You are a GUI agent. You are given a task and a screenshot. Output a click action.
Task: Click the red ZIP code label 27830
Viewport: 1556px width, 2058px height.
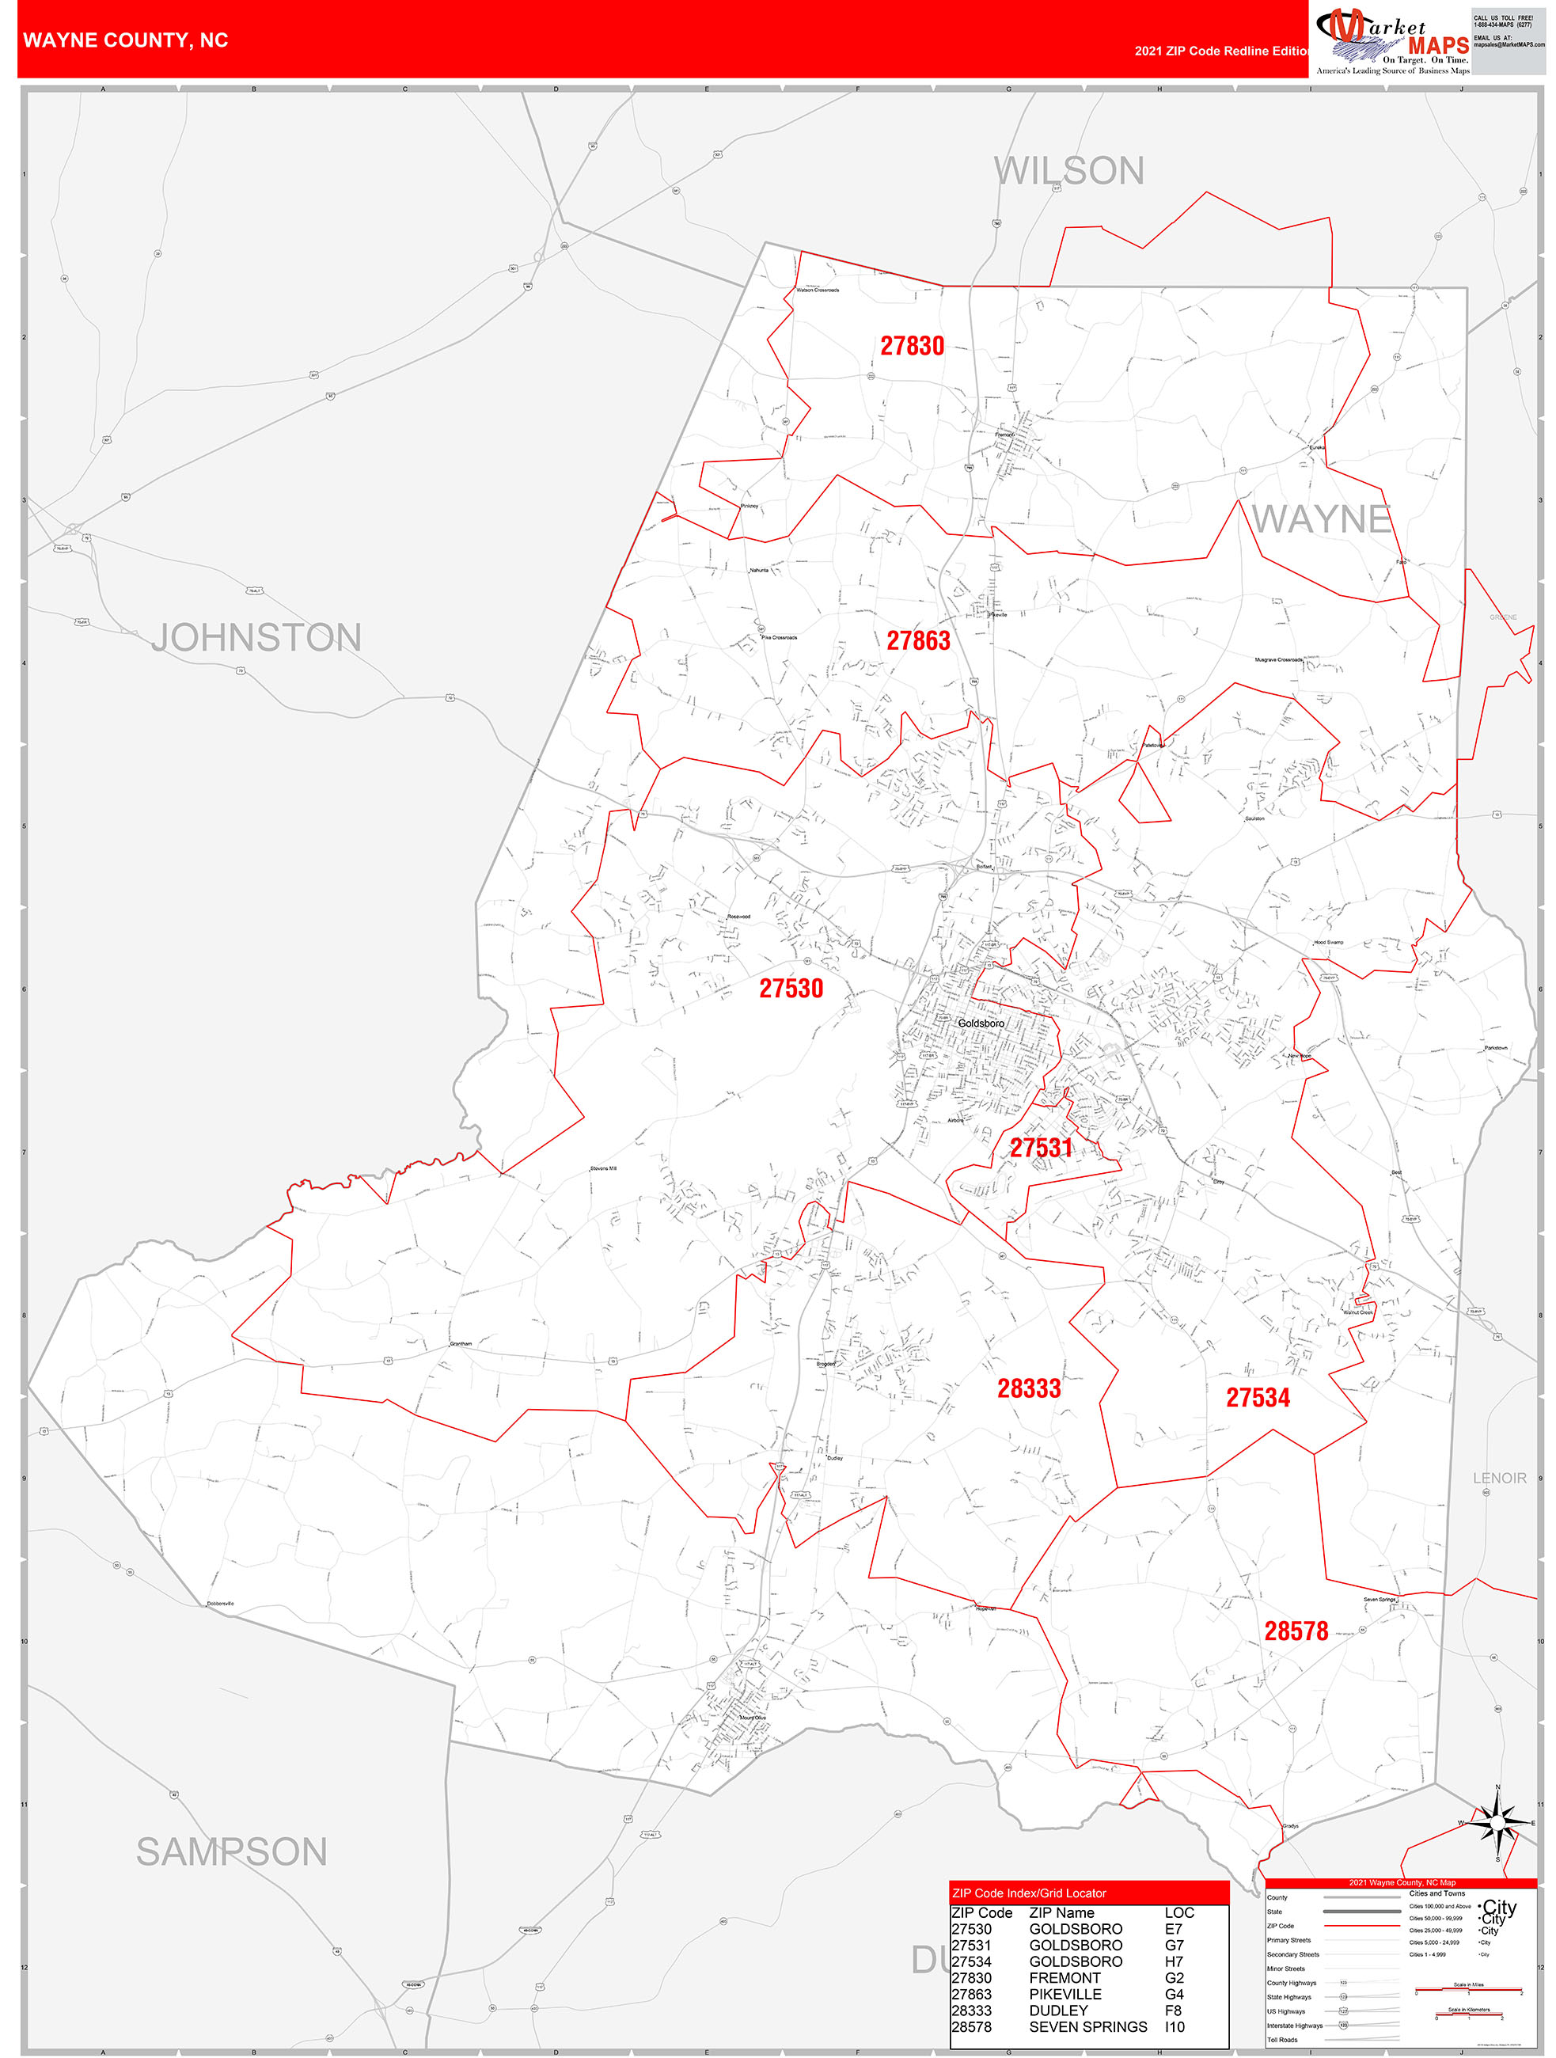(912, 346)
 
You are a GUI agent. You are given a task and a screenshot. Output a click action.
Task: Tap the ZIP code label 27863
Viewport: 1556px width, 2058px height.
(918, 640)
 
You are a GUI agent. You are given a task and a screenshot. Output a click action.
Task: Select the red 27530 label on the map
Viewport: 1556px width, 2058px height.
(791, 988)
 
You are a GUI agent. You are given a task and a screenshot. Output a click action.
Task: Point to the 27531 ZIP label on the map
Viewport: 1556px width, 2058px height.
(1041, 1148)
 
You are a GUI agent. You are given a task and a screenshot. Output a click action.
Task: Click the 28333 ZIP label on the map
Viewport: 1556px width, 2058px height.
(1029, 1388)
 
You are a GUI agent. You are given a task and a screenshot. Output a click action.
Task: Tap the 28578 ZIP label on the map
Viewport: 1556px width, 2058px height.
(1296, 1631)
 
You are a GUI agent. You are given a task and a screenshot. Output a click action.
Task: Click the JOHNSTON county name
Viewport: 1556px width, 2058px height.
(256, 637)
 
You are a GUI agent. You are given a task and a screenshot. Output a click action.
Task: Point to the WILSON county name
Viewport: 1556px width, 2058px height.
(1068, 171)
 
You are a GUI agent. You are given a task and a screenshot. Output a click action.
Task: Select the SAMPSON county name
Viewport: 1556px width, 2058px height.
(232, 1851)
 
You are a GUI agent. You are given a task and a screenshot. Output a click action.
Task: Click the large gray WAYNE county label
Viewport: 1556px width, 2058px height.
(1322, 519)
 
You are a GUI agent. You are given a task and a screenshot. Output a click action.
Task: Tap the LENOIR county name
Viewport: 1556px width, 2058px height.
(1499, 1479)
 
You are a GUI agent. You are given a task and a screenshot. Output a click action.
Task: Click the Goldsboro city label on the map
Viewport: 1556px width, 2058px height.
(981, 1023)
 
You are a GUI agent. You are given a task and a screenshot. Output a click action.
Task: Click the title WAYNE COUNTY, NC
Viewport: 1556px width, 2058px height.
(126, 40)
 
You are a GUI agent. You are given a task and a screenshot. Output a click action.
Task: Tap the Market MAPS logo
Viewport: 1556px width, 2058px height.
(1391, 41)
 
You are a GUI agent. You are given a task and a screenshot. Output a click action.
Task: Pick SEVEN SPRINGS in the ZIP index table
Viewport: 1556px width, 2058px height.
(1087, 2026)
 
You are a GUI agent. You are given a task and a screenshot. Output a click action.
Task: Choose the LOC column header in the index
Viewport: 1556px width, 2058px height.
(1178, 1913)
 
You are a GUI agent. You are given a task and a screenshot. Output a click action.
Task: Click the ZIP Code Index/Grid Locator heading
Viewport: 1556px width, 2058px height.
(1029, 1893)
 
